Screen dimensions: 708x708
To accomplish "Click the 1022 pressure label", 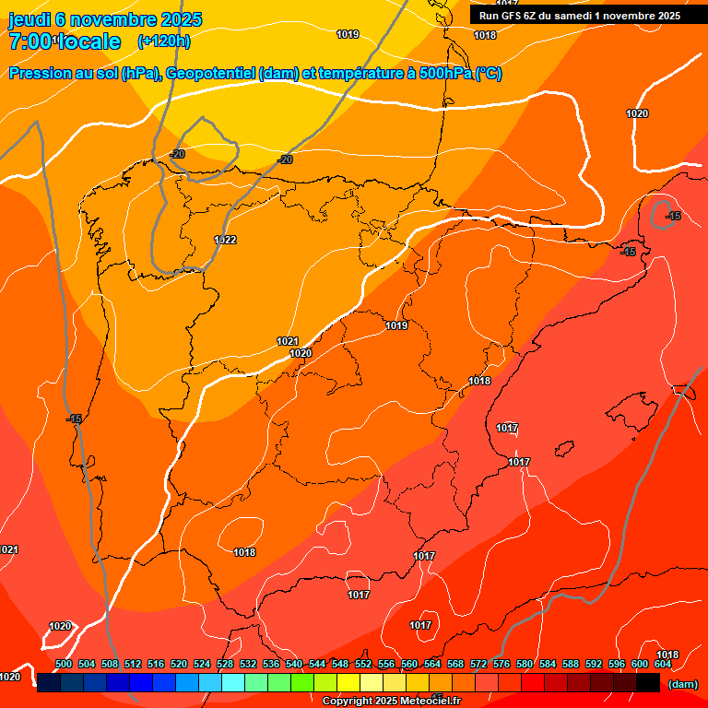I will (x=225, y=240).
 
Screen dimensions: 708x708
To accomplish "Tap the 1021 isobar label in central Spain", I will (x=288, y=341).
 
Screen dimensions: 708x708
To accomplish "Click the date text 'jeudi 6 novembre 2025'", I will (x=104, y=19).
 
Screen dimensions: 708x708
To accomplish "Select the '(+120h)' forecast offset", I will (x=163, y=41).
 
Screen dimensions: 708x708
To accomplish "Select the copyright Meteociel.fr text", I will (x=392, y=701).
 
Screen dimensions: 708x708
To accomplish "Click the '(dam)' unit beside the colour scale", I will (x=682, y=683).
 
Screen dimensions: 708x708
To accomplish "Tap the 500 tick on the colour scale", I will (x=64, y=664).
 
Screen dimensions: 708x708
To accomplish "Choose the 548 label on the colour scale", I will (x=339, y=664).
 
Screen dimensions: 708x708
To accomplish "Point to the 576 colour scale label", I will (x=501, y=664).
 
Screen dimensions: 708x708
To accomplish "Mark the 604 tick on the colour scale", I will (x=663, y=664).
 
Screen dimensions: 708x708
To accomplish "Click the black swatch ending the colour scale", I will (x=648, y=682).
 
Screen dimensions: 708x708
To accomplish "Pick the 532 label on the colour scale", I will (x=248, y=664).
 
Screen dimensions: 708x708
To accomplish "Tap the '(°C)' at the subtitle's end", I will (x=488, y=74).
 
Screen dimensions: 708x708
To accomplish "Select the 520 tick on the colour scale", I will (x=179, y=664).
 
